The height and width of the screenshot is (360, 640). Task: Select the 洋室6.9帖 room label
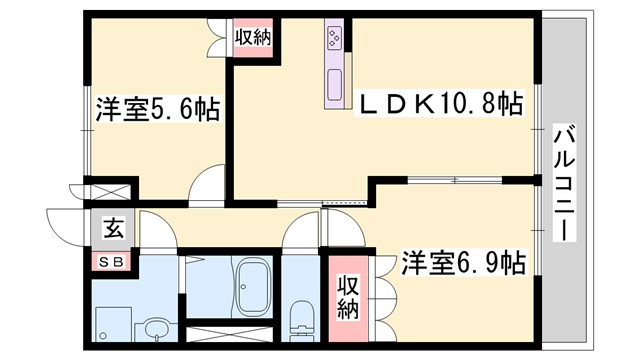[464, 263]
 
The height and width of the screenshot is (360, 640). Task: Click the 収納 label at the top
[253, 36]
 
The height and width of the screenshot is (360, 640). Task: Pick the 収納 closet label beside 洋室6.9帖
[347, 297]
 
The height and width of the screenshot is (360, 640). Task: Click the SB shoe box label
[112, 262]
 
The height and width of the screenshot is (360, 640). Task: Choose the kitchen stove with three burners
[333, 41]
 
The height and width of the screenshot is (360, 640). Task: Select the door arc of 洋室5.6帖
[208, 184]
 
